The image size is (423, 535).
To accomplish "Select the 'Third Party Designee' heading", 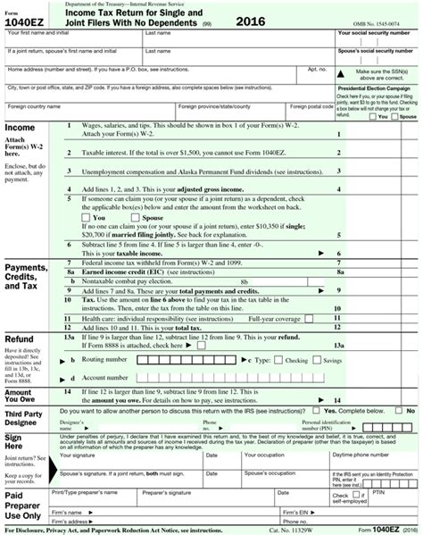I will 25,417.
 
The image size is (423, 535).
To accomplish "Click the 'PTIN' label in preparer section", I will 377,491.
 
